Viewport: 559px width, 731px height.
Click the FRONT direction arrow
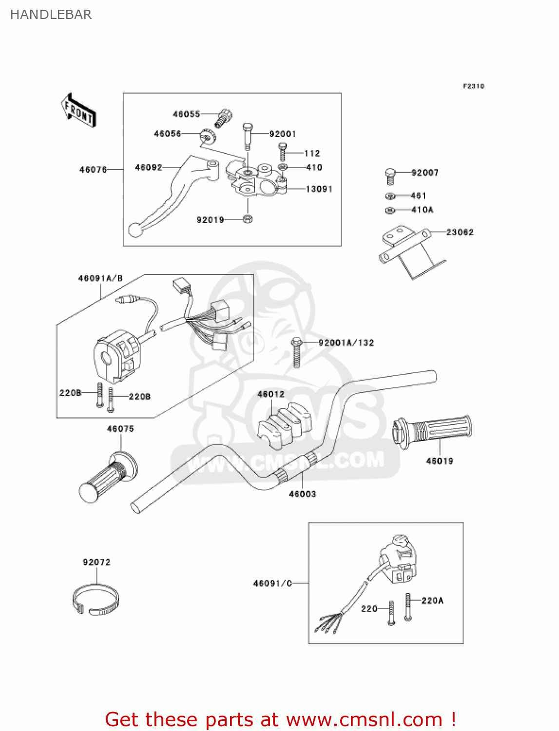78,110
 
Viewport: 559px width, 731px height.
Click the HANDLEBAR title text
51,15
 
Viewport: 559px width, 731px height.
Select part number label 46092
148,168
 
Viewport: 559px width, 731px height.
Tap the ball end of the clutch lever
135,230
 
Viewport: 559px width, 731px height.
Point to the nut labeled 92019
247,219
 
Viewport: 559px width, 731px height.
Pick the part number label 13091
319,189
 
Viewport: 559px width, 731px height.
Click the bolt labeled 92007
390,176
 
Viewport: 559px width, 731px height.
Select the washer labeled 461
390,196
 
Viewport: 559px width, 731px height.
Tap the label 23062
460,232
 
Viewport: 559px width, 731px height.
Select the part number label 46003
302,494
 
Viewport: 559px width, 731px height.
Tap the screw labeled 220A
408,607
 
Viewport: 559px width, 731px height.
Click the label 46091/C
272,583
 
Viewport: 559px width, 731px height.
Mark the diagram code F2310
473,86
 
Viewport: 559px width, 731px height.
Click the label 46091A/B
100,278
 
